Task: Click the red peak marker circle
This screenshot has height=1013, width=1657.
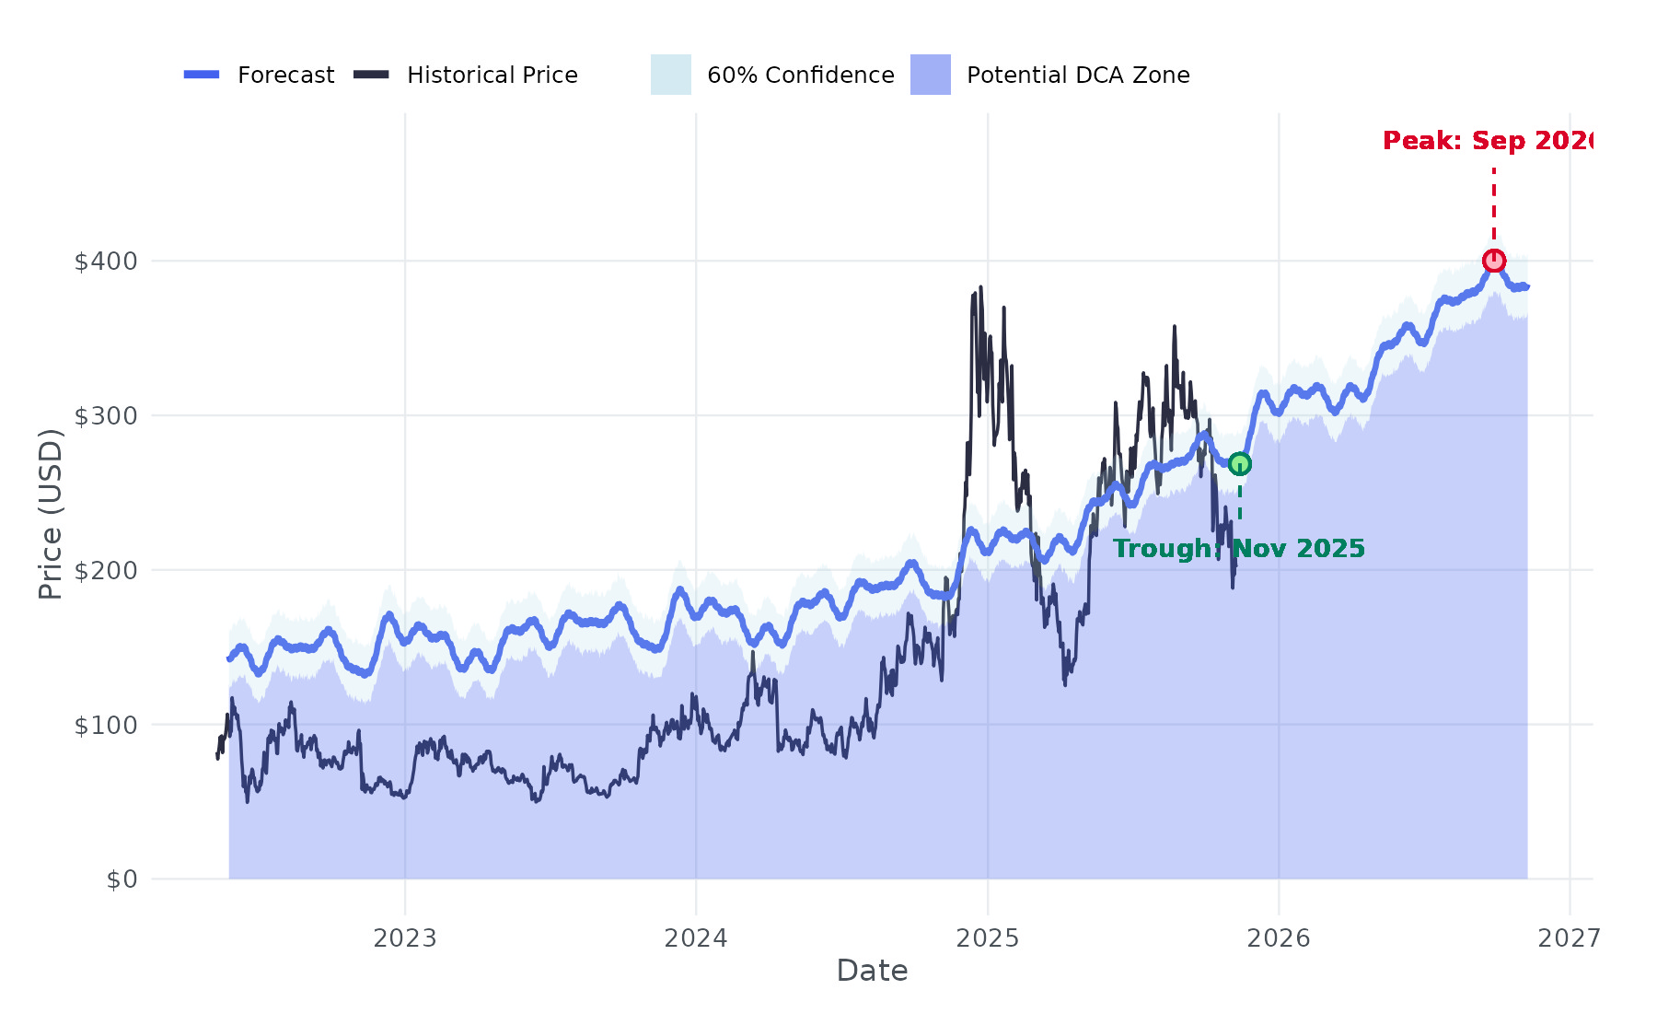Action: point(1493,261)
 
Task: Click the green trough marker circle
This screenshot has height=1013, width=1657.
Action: point(1240,463)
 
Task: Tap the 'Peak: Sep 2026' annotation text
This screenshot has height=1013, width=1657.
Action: point(1487,141)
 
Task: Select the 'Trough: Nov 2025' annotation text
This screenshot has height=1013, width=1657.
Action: point(1238,549)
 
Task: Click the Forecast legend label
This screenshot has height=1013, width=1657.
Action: point(285,76)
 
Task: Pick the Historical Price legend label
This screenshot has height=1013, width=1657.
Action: point(492,76)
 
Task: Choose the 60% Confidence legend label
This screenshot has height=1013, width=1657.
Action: point(800,76)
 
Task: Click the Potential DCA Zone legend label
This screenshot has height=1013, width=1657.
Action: point(1077,76)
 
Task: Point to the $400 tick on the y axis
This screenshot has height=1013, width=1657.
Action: point(106,262)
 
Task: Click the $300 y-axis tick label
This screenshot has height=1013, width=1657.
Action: point(106,416)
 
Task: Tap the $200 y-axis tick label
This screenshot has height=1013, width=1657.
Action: point(106,571)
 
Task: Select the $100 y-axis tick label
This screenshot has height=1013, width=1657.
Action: point(106,726)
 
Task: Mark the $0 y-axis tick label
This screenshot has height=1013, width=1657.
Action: point(122,879)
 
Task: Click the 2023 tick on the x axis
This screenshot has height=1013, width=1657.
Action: point(405,938)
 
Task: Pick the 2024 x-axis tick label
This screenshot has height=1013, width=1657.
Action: point(696,938)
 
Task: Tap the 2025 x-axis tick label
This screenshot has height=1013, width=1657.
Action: point(988,938)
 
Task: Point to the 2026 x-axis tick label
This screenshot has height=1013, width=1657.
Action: point(1279,938)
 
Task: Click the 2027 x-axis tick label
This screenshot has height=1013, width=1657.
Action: point(1570,938)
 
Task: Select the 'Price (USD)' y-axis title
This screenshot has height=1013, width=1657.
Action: point(51,514)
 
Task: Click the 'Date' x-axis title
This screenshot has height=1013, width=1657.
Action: point(872,971)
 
